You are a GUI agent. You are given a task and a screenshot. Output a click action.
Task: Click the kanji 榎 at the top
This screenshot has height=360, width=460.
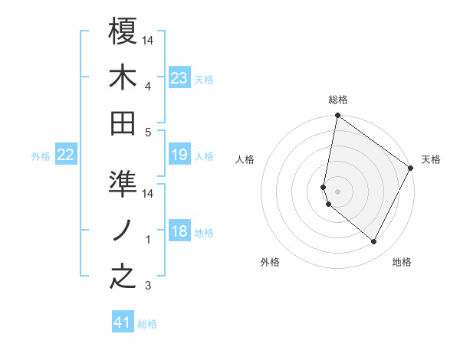[x=123, y=32]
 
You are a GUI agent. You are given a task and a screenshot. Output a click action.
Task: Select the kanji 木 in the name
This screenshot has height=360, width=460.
[x=123, y=77]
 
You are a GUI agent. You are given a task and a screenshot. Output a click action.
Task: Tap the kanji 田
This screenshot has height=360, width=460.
[x=123, y=123]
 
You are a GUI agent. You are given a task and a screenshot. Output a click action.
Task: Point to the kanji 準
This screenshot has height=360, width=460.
[x=123, y=185]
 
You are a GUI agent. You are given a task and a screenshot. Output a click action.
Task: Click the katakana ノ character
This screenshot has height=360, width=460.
[x=123, y=231]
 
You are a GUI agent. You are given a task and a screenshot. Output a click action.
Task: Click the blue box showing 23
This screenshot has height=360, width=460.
[x=179, y=77]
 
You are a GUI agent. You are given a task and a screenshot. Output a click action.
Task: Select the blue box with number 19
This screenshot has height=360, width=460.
[x=179, y=155]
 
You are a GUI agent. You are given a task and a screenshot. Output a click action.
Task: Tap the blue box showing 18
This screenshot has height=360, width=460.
[x=179, y=232]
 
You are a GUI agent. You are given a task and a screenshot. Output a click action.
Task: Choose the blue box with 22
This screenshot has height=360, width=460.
[x=65, y=155]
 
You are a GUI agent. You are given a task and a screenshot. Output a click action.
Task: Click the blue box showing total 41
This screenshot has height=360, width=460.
[x=123, y=322]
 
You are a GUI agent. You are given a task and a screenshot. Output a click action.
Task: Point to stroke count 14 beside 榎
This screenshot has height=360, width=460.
[x=149, y=40]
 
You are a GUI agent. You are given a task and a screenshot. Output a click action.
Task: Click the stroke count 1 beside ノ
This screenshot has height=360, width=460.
[x=149, y=240]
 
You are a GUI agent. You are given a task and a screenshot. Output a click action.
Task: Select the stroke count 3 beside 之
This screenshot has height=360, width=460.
[x=149, y=286]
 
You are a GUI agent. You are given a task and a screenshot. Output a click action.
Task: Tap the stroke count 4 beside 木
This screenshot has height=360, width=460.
[x=149, y=86]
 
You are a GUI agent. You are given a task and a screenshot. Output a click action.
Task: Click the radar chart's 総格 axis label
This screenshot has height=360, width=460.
[x=337, y=100]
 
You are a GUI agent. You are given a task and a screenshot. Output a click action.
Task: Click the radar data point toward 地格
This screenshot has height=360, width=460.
[x=373, y=242]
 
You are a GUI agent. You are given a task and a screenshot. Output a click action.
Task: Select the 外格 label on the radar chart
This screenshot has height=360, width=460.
[x=270, y=263]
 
